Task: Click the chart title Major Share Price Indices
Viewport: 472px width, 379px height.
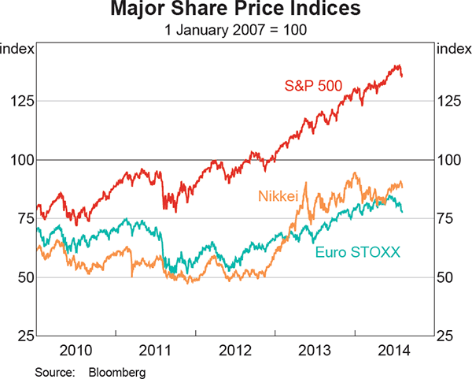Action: tap(235, 11)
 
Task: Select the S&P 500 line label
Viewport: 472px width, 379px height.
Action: tap(313, 86)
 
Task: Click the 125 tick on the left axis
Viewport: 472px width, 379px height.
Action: tap(20, 101)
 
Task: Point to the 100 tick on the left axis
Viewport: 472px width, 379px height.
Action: tap(20, 160)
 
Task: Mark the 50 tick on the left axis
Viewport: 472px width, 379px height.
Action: tap(24, 277)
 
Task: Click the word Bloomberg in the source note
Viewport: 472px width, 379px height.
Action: tap(117, 369)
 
